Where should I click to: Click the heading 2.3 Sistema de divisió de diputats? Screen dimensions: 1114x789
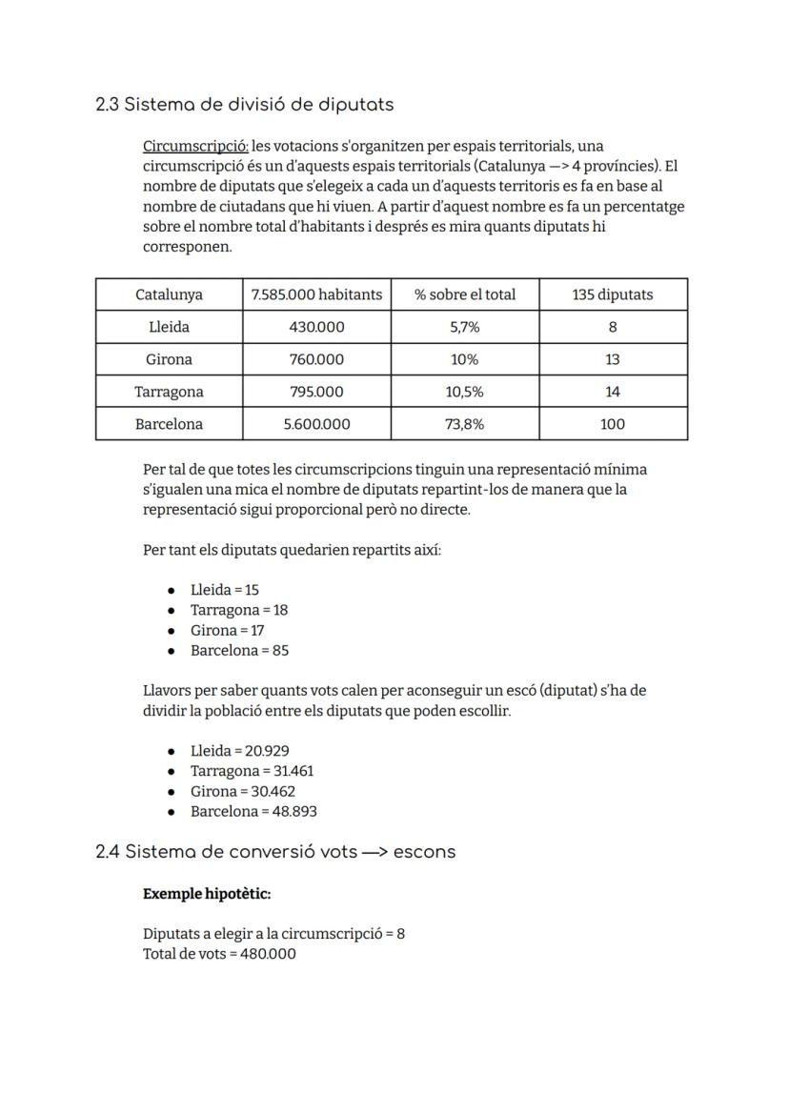[245, 104]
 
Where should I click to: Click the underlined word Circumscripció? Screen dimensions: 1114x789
[195, 146]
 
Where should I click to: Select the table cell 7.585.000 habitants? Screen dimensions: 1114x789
[316, 294]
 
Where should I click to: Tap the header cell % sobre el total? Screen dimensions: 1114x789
[465, 294]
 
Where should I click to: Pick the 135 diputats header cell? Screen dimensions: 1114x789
[613, 294]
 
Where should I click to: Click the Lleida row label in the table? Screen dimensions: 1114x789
[169, 327]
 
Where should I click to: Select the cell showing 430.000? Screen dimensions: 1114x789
[316, 327]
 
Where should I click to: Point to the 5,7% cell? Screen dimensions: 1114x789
[465, 327]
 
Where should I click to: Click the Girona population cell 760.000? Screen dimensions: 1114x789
[316, 359]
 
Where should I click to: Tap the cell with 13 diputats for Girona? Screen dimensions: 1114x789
[613, 359]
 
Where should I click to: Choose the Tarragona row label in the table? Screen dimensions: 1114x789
[169, 392]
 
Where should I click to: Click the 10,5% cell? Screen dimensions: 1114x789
[465, 392]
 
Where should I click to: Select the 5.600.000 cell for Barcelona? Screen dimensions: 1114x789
[316, 424]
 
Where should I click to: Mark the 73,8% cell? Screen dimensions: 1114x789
[465, 424]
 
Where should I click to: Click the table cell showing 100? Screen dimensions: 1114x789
[613, 424]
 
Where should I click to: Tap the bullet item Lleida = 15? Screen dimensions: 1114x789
[225, 590]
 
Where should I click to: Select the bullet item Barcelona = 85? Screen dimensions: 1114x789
[239, 651]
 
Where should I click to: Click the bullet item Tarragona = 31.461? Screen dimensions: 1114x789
[252, 771]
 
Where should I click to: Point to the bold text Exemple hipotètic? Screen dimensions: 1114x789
[207, 894]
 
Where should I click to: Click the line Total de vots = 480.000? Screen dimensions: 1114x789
[219, 954]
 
